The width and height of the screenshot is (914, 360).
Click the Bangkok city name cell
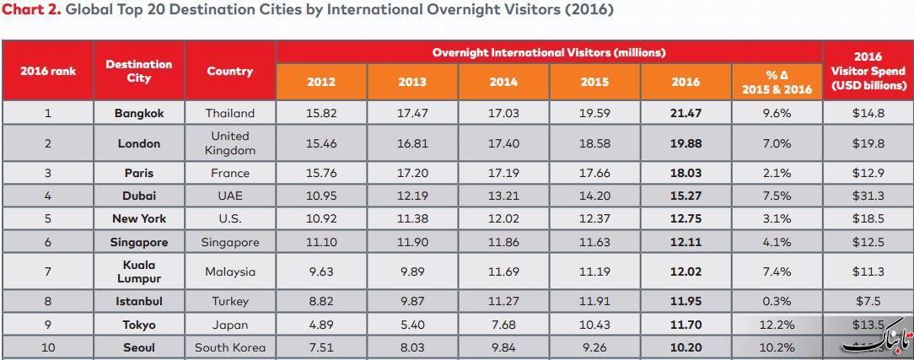pos(139,114)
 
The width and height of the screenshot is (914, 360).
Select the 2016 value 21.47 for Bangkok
pos(686,114)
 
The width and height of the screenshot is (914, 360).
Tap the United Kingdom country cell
pos(230,143)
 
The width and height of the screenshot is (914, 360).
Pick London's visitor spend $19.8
pos(868,143)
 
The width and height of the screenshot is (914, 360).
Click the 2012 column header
pos(321,82)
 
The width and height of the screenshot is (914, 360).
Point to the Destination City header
pos(139,71)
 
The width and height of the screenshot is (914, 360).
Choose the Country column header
pos(229,71)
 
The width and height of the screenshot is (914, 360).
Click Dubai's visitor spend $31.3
pos(868,196)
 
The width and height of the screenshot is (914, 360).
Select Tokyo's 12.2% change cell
pos(777,325)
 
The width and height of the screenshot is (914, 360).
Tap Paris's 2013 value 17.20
pos(412,173)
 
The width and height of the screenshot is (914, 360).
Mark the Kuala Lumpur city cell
pos(139,271)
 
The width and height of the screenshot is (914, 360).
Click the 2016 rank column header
pos(48,71)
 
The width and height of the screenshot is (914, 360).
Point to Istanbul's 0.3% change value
pos(777,301)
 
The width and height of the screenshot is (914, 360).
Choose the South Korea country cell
pos(230,347)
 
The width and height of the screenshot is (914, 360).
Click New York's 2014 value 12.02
pos(503,219)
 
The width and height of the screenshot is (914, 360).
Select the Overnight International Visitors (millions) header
pos(549,52)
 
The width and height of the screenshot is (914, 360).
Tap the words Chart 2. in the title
pos(32,10)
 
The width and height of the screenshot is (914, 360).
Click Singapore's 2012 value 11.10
pos(321,242)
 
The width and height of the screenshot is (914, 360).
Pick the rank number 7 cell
pos(48,271)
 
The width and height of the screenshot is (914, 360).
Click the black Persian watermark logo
pos(876,338)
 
